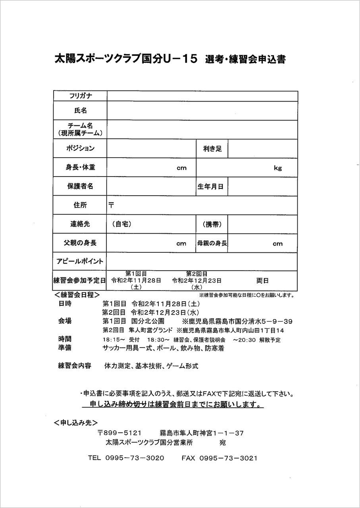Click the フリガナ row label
(80, 96)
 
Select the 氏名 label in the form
(80, 110)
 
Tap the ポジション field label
(80, 148)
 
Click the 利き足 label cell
(212, 148)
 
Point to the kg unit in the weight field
(277, 168)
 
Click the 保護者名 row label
(80, 186)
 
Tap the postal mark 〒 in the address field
(111, 206)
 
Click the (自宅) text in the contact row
(121, 224)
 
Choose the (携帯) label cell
(212, 224)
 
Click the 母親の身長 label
(212, 243)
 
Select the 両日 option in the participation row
(262, 281)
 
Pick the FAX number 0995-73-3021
(228, 458)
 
